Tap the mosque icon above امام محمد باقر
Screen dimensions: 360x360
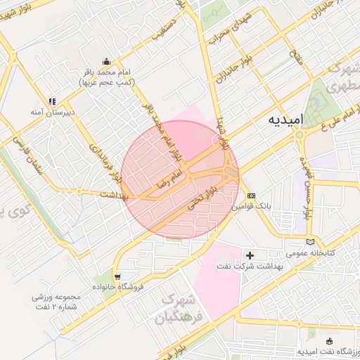pos(106,61)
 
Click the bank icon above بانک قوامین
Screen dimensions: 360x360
pos(251,196)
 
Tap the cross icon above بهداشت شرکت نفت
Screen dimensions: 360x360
pos(251,252)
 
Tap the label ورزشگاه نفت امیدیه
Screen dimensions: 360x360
pos(326,351)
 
